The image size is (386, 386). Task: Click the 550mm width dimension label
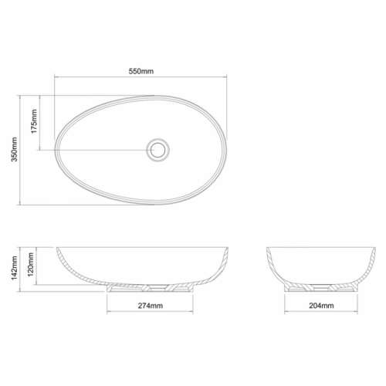[x=141, y=71]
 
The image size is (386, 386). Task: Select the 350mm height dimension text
[x=14, y=149]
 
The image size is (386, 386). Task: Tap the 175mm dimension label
[x=34, y=121]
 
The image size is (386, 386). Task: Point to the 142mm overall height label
[x=14, y=268]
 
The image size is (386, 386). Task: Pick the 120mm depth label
[x=31, y=264]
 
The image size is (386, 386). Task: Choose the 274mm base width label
[x=151, y=306]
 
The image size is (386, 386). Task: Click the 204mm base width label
[x=321, y=306]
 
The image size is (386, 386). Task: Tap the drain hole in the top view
[x=157, y=150]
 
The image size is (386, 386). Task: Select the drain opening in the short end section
[x=321, y=287]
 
